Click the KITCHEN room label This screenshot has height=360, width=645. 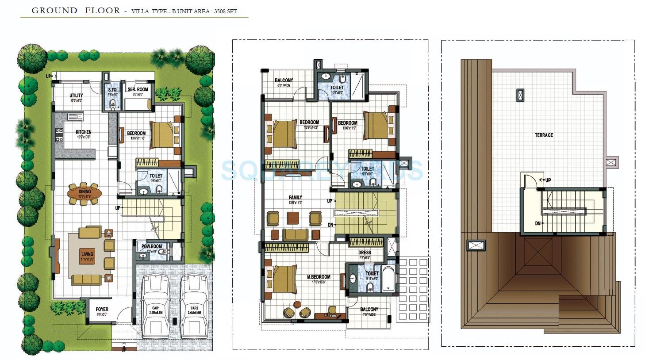83,132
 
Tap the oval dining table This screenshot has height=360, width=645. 84,193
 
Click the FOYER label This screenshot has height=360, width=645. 102,309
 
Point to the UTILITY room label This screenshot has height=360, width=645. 76,96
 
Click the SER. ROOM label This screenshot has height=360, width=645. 138,89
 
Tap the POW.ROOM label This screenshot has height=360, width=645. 152,246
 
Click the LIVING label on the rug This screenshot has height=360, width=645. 87,254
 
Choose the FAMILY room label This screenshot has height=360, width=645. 295,197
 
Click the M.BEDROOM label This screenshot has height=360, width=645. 319,277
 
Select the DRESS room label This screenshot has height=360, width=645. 365,253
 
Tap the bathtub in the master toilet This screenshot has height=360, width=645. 388,278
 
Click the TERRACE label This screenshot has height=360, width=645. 544,135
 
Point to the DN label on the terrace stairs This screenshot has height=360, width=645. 537,223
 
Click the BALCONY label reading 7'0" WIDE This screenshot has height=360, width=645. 369,310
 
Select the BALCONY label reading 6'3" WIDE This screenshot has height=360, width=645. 284,80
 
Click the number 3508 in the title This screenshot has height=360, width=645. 220,11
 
